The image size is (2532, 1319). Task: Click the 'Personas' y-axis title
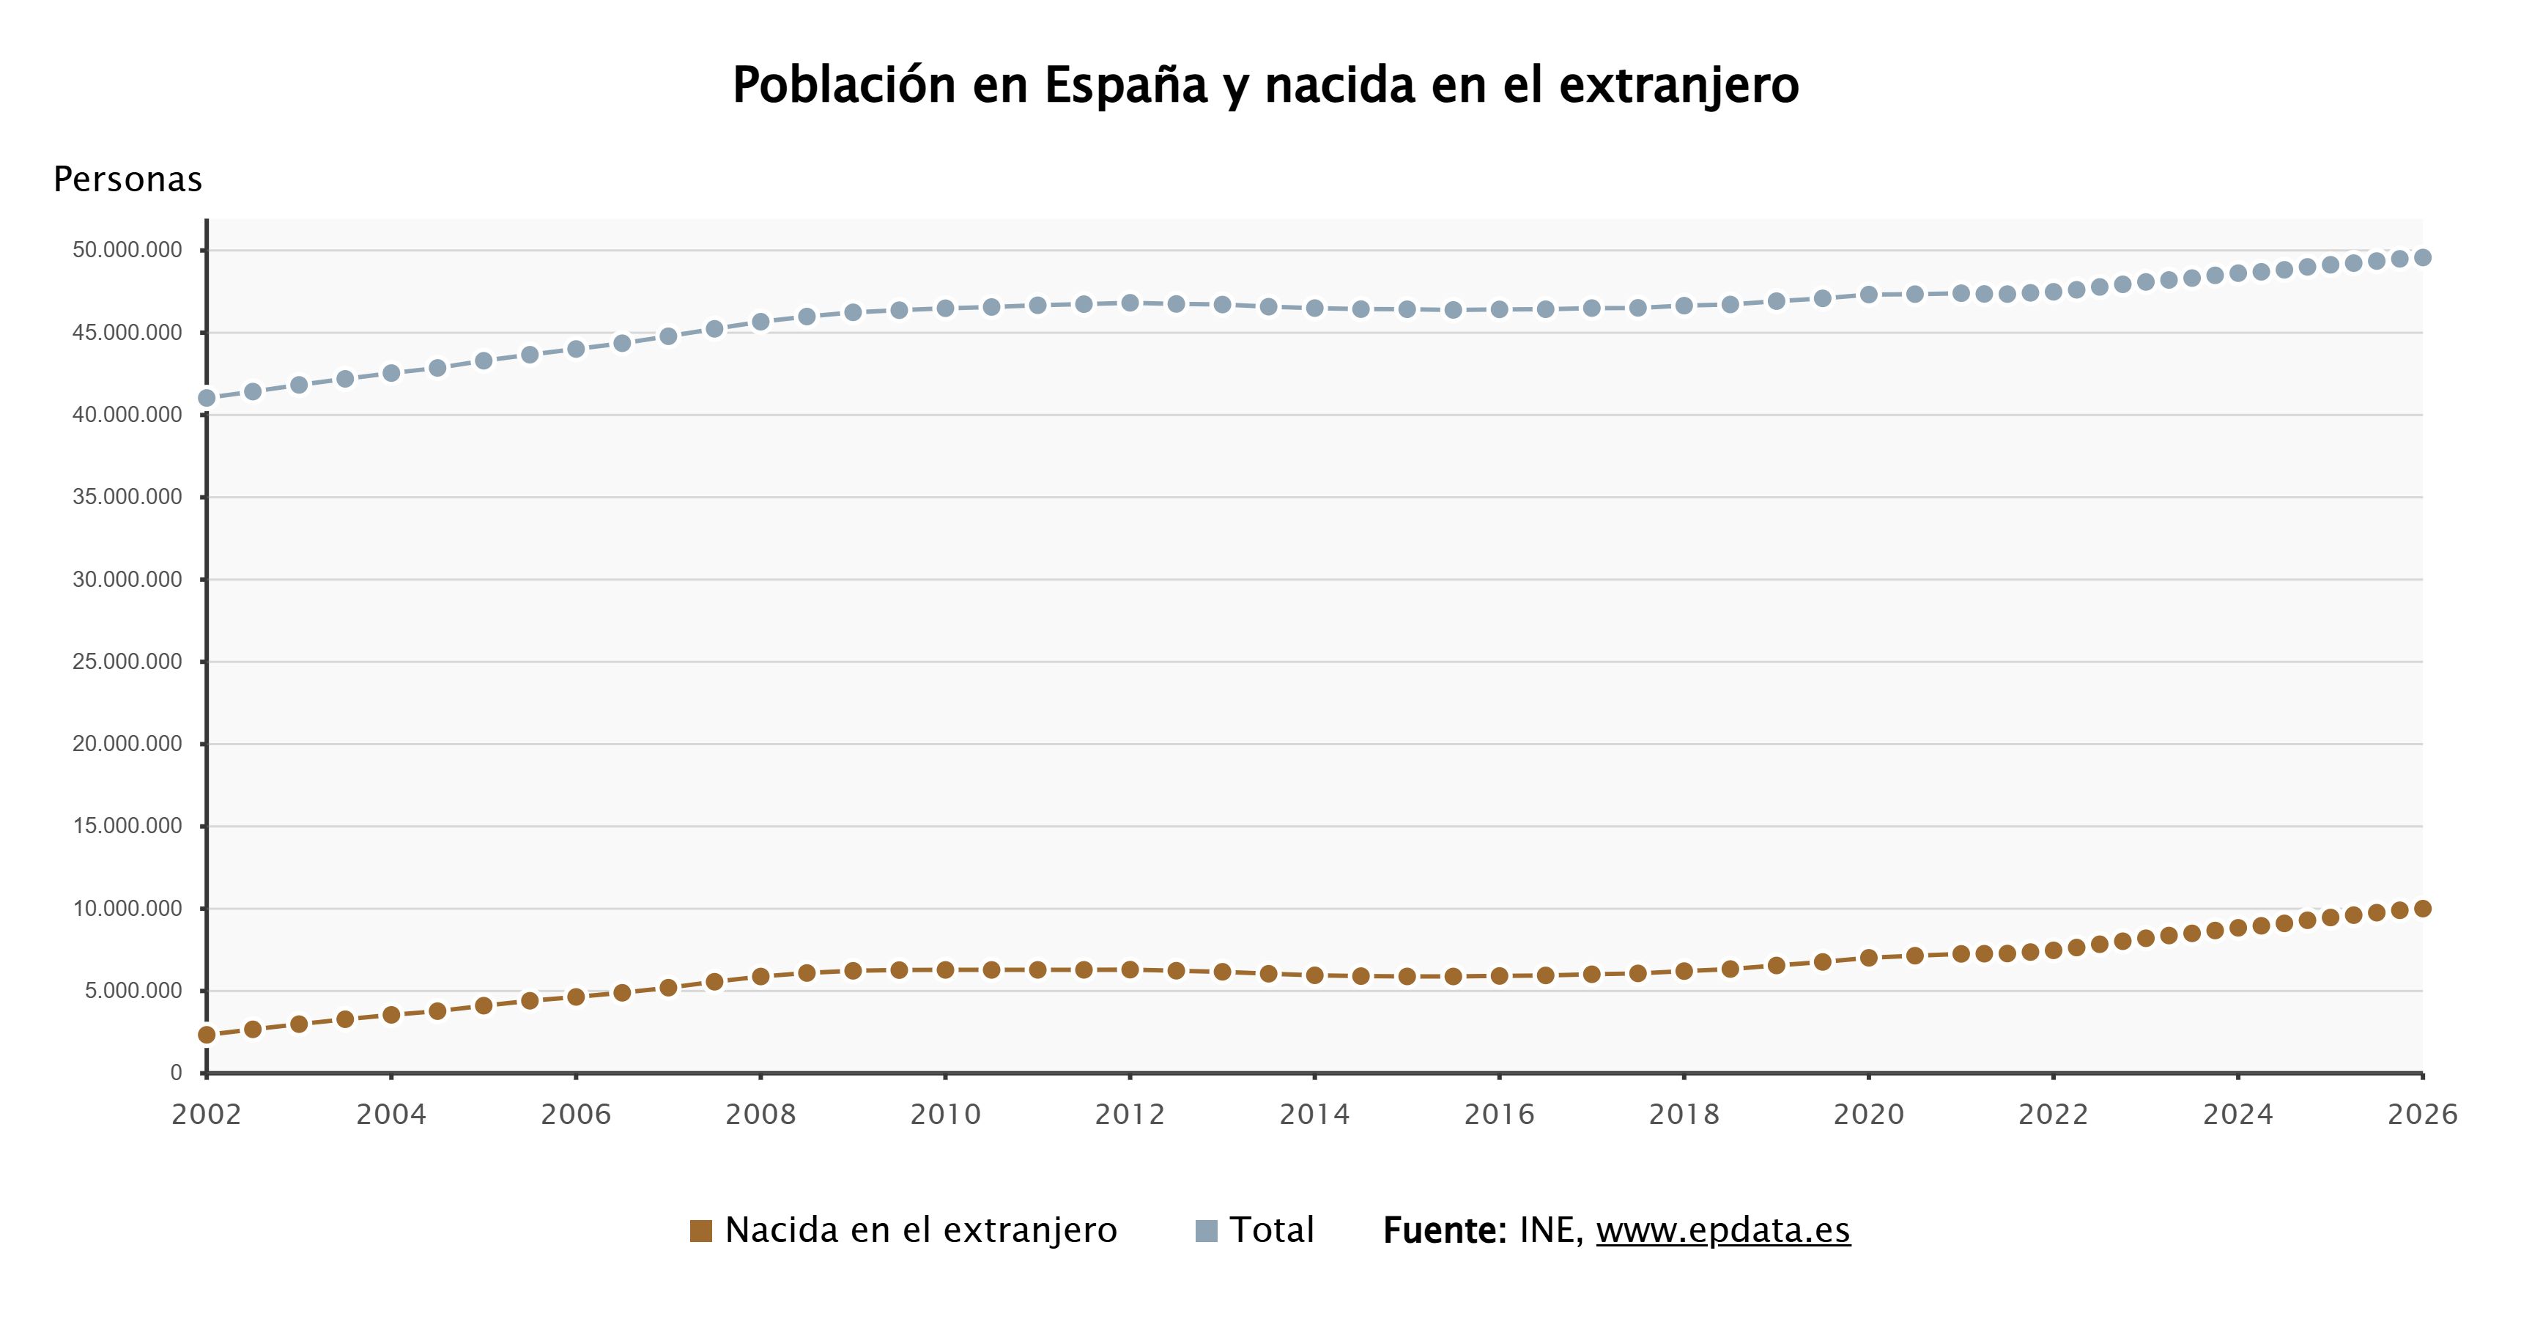click(127, 179)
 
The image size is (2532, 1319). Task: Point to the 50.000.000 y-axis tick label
click(127, 250)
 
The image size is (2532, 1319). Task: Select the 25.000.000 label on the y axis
click(127, 662)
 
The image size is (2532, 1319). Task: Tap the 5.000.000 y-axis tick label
click(133, 991)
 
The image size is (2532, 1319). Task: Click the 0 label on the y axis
click(176, 1072)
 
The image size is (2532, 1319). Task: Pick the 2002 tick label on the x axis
click(207, 1115)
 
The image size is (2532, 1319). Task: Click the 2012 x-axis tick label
click(1130, 1115)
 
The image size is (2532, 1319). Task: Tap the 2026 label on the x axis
click(2422, 1115)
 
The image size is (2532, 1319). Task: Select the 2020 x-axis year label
click(1868, 1115)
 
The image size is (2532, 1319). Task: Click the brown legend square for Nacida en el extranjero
click(701, 1230)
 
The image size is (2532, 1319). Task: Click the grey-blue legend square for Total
click(1206, 1230)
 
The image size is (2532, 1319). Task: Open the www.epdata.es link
click(1722, 1230)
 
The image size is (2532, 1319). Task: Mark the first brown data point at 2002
click(207, 1035)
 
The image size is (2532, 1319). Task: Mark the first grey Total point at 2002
click(207, 398)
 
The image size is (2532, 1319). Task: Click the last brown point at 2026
click(2422, 908)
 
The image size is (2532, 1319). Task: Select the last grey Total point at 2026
click(2422, 257)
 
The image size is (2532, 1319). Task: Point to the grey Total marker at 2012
click(1130, 303)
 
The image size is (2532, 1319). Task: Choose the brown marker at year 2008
click(760, 976)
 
